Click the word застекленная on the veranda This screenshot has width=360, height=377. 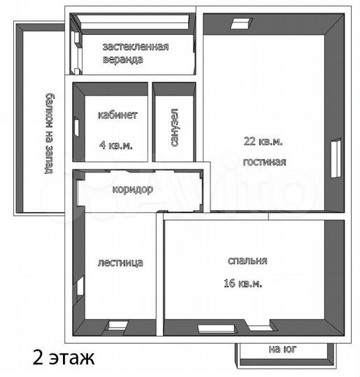136,47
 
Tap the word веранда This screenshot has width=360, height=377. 123,59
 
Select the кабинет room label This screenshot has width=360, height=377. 117,115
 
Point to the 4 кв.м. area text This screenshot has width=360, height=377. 116,145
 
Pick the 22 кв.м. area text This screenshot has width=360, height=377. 264,141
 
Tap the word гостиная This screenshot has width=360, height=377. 264,162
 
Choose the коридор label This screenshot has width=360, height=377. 132,189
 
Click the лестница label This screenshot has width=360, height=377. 120,263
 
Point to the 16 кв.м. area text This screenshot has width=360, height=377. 243,283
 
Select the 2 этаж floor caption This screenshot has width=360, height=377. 63,359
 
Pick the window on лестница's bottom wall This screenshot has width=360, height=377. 115,325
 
